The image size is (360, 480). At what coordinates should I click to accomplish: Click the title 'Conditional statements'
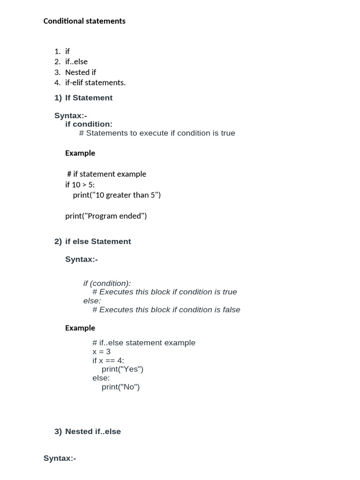click(x=84, y=21)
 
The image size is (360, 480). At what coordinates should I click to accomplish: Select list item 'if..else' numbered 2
click(x=76, y=62)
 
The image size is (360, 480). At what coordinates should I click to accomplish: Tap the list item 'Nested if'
click(x=81, y=72)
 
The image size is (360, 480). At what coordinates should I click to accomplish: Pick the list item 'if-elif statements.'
click(x=95, y=82)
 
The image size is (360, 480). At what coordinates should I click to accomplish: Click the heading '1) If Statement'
click(x=83, y=98)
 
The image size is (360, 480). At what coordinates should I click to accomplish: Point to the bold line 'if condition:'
click(x=89, y=124)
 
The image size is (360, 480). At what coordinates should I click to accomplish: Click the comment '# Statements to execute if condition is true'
click(x=157, y=133)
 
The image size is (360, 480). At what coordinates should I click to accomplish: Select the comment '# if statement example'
click(x=107, y=174)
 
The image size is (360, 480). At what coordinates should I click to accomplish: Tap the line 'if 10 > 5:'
click(x=80, y=185)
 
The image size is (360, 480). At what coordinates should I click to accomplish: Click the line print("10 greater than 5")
click(x=117, y=195)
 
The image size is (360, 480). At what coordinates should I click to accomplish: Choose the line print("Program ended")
click(x=106, y=216)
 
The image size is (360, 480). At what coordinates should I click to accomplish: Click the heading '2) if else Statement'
click(x=93, y=241)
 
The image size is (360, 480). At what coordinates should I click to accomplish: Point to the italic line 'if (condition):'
click(x=107, y=284)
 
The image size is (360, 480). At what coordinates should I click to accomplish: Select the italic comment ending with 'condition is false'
click(x=166, y=310)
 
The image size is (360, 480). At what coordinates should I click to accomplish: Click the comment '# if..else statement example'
click(x=144, y=343)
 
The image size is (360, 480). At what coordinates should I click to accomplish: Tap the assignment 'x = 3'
click(x=102, y=352)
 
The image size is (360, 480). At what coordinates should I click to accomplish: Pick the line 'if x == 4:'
click(x=108, y=360)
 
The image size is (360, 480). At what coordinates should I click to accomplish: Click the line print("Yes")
click(x=122, y=369)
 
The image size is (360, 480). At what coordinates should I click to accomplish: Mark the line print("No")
click(x=120, y=387)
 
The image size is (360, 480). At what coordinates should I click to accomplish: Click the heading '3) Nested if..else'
click(x=88, y=432)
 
